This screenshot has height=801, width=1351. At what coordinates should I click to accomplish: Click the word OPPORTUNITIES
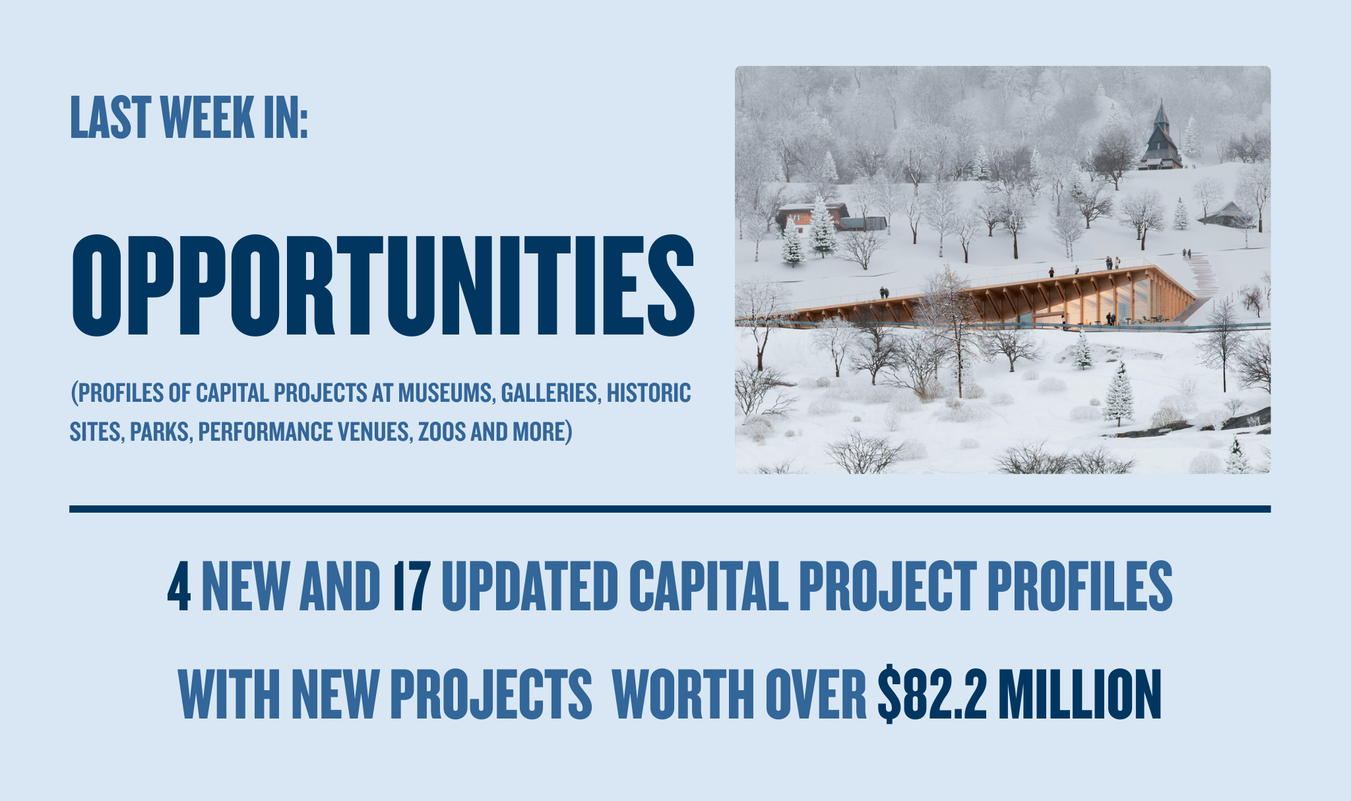pyautogui.click(x=383, y=285)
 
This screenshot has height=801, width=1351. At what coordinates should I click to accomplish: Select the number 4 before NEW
pyautogui.click(x=179, y=587)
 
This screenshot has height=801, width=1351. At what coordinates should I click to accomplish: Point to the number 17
pyautogui.click(x=412, y=587)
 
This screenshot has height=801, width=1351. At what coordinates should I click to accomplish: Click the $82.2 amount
pyautogui.click(x=932, y=694)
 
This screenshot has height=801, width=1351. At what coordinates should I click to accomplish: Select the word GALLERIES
pyautogui.click(x=550, y=393)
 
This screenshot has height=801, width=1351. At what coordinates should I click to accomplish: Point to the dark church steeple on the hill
pyautogui.click(x=1161, y=135)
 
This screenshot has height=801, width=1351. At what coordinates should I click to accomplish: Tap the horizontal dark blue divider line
pyautogui.click(x=670, y=509)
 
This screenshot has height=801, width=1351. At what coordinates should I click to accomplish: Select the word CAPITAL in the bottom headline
pyautogui.click(x=708, y=587)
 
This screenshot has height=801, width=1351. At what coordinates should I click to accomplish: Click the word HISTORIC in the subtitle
pyautogui.click(x=649, y=393)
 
